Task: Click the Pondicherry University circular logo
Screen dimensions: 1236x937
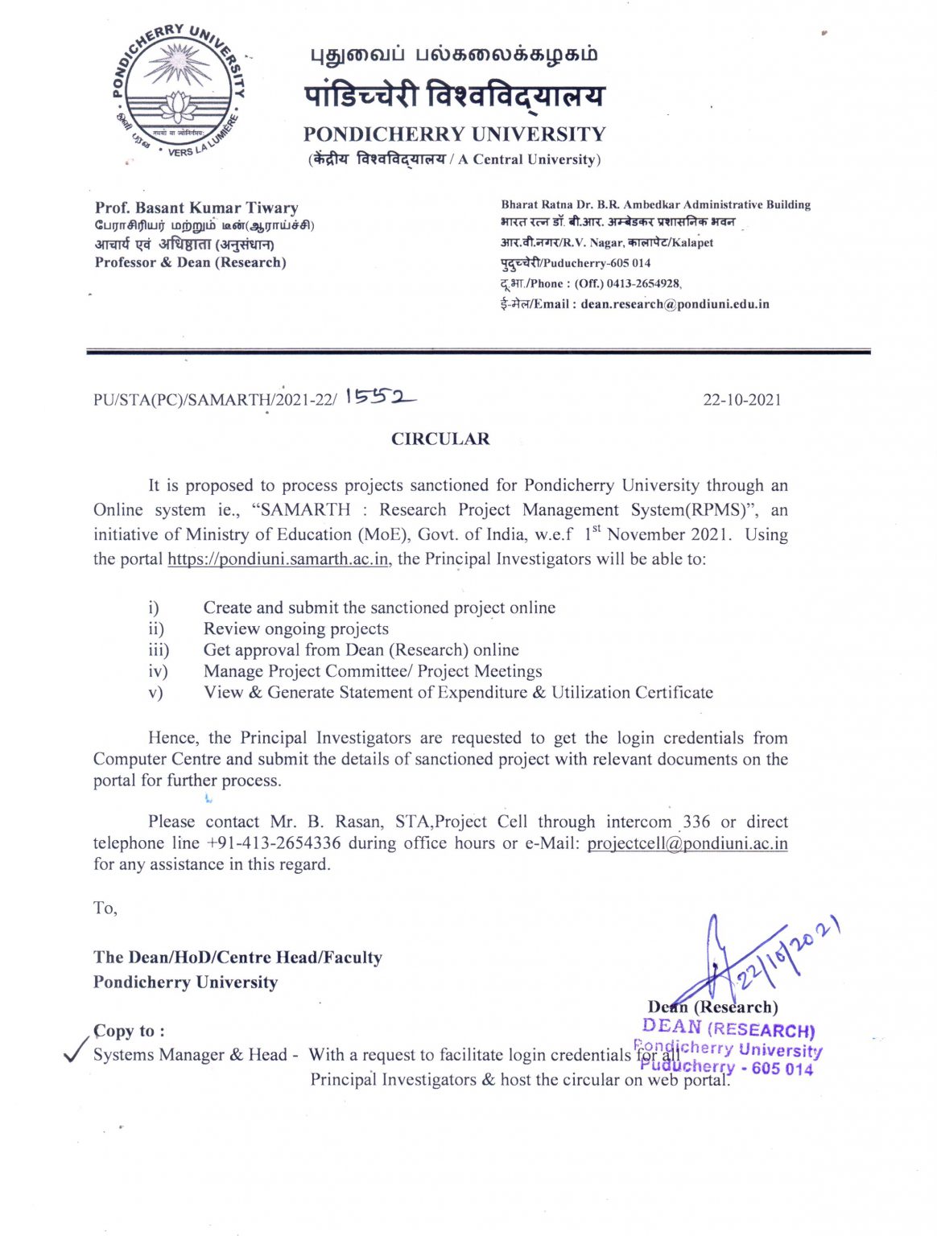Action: click(178, 92)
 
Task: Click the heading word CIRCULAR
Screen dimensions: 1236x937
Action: click(440, 439)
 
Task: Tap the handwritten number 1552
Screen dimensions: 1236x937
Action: click(381, 398)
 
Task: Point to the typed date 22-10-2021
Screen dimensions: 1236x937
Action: click(741, 400)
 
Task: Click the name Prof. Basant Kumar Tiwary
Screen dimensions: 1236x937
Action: click(196, 208)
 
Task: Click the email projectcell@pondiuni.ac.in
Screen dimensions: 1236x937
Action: click(687, 843)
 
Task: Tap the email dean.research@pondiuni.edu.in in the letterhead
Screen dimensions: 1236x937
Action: click(675, 304)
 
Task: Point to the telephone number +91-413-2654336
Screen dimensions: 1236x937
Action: click(274, 843)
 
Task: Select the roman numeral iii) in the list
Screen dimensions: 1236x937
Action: click(159, 650)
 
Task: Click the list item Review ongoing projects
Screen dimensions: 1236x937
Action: click(295, 629)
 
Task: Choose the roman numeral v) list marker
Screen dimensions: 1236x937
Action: click(155, 693)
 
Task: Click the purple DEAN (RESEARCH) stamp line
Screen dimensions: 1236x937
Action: click(729, 1028)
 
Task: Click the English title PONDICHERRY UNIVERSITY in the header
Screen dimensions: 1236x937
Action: click(454, 134)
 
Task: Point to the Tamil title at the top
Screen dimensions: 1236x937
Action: click(454, 55)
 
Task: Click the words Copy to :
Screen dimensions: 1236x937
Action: click(129, 1031)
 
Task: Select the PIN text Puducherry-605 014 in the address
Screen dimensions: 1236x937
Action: click(576, 263)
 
